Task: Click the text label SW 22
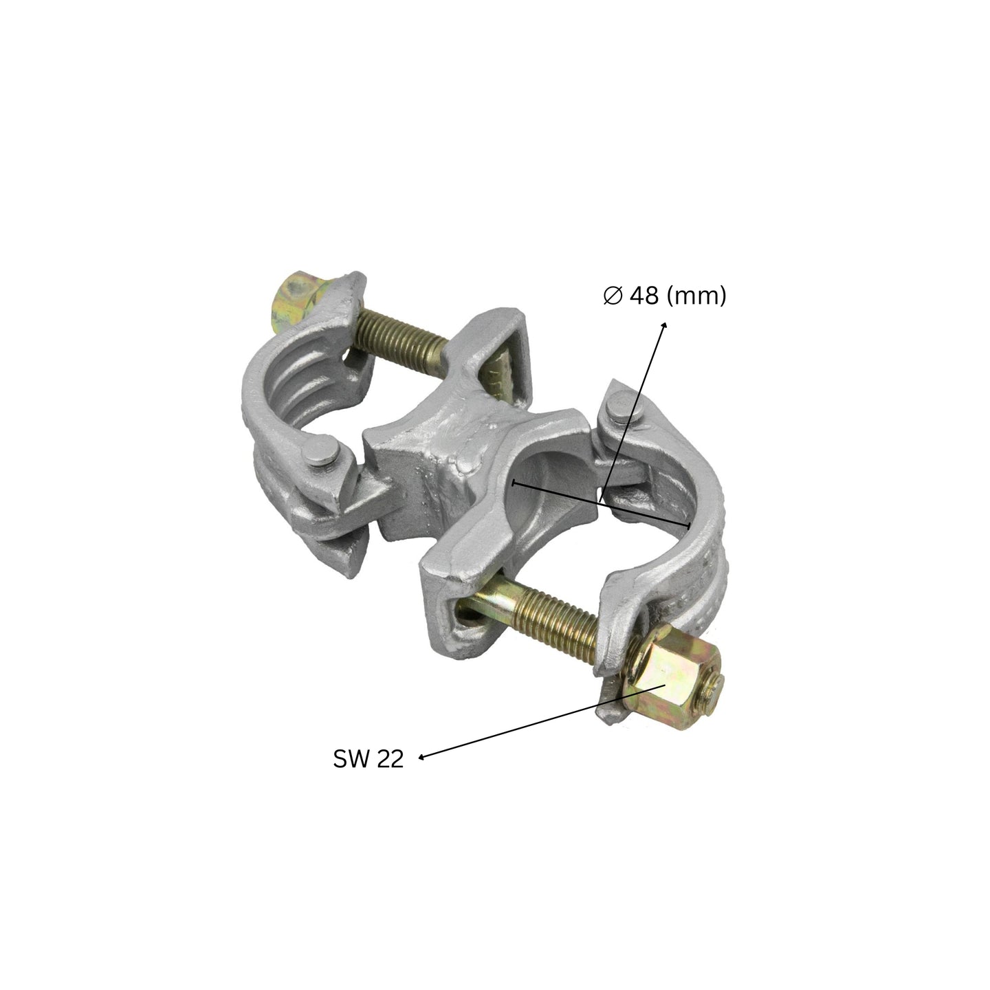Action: point(368,759)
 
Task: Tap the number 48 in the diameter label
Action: point(644,296)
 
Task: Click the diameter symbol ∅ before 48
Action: point(613,296)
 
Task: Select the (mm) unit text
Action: point(696,296)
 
